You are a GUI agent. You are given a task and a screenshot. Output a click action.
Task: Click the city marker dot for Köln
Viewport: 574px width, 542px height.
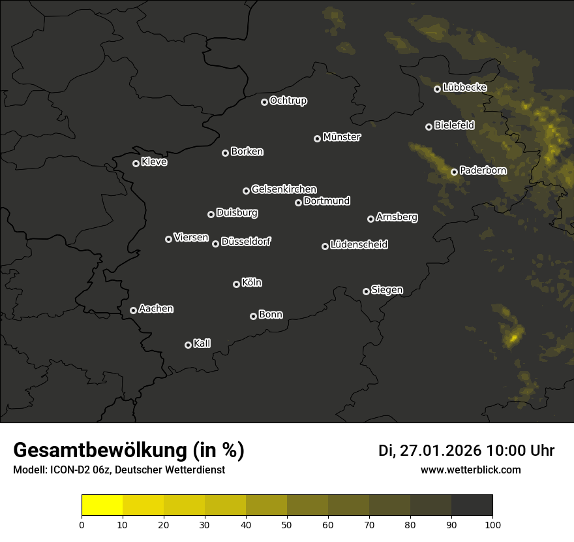[x=236, y=284]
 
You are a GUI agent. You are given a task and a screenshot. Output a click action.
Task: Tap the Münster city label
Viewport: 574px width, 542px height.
[x=341, y=137]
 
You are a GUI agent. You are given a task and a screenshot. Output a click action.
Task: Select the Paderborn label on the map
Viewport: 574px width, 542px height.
[x=483, y=170]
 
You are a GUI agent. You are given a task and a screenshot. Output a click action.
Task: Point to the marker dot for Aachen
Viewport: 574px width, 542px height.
[x=133, y=310]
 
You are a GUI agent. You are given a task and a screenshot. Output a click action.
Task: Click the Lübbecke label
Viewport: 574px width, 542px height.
[x=464, y=88]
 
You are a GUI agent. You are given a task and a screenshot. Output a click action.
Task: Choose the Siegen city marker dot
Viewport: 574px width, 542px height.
[x=366, y=291]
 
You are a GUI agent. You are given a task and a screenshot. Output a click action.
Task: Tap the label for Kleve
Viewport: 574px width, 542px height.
[x=154, y=162]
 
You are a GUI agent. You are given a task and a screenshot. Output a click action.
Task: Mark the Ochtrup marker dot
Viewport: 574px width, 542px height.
[x=264, y=102]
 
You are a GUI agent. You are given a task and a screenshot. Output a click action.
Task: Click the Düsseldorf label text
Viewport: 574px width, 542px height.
[x=246, y=242]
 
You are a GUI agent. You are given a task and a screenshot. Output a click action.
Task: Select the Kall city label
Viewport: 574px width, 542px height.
[x=202, y=343]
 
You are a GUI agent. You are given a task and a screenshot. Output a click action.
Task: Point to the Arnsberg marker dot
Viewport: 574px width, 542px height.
[x=370, y=219]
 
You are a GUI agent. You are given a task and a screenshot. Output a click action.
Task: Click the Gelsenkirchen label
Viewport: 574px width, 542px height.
[x=284, y=189]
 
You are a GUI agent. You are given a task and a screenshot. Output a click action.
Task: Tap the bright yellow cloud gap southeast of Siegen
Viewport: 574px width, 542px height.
[x=514, y=338]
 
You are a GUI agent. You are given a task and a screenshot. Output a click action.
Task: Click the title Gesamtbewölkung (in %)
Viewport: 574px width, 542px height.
[x=128, y=451]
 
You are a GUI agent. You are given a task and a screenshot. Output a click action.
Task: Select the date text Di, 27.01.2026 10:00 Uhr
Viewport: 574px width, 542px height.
[x=466, y=451]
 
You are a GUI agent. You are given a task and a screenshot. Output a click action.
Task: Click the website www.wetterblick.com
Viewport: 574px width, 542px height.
[x=470, y=470]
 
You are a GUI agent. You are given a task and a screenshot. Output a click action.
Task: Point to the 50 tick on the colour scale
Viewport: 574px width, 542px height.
[x=287, y=524]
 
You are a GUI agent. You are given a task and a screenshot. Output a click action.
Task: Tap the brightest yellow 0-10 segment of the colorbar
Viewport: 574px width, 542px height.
[x=102, y=505]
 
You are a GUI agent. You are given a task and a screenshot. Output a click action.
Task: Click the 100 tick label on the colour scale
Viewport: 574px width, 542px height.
[x=492, y=524]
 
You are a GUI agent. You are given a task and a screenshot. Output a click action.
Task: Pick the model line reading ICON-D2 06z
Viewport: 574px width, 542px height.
[x=119, y=470]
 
